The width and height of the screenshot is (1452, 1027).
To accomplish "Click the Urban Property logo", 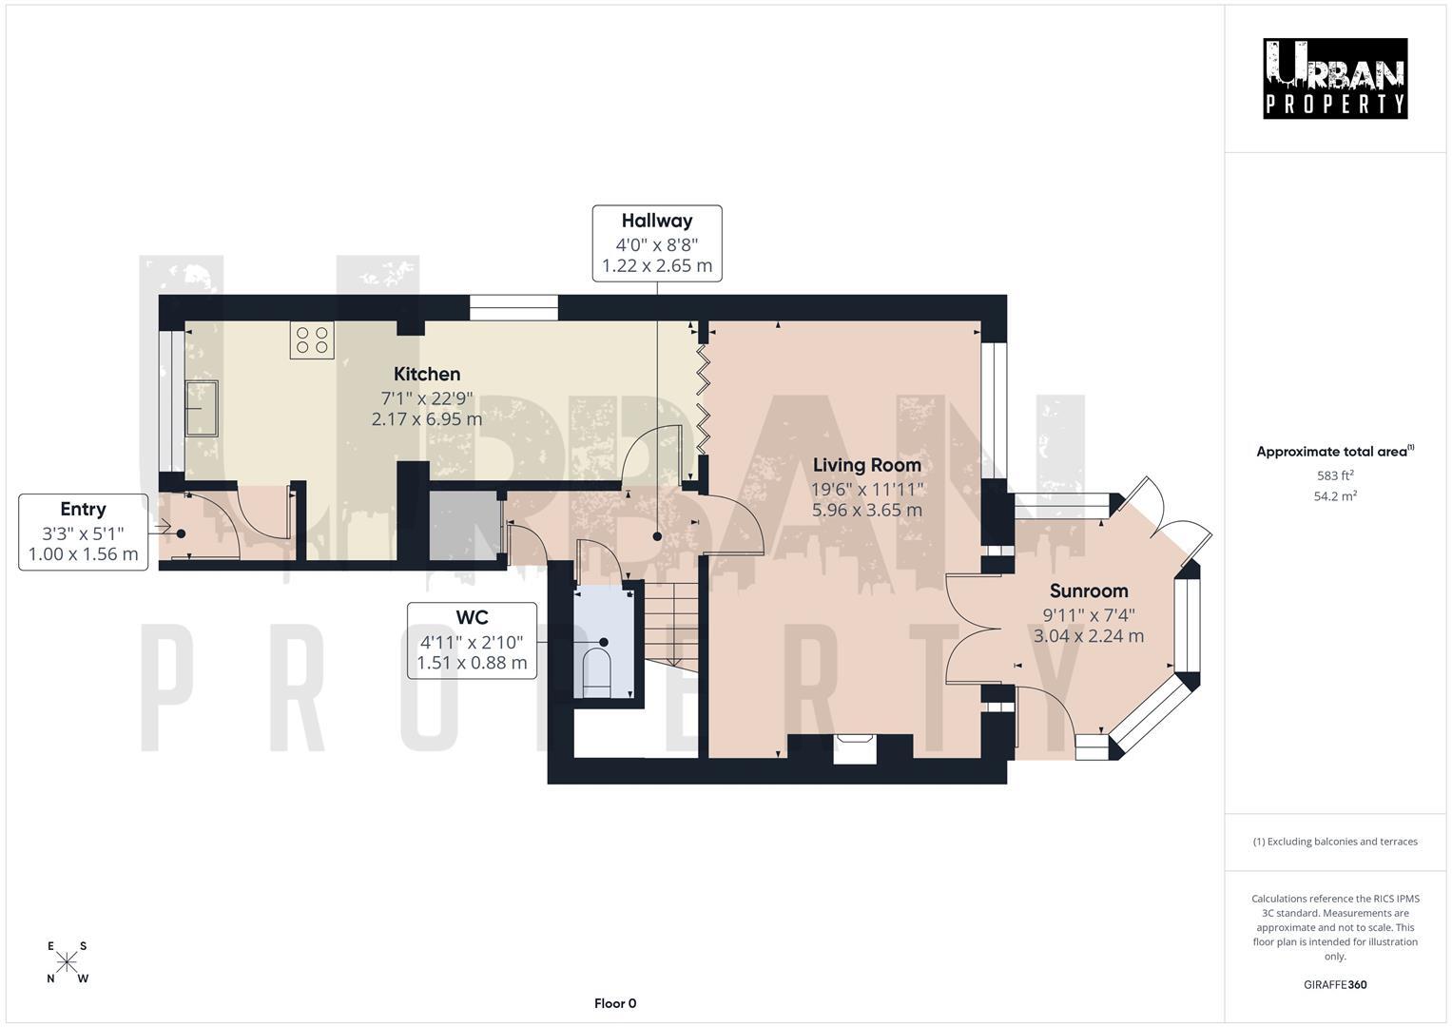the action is pos(1335,78).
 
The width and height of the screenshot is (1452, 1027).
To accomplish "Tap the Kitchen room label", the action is pos(427,375).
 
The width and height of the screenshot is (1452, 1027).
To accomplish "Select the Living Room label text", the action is pos(866,465).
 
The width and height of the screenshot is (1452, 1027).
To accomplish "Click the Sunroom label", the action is pos(1089,591).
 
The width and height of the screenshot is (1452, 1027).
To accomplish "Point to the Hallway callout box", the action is pos(657,243).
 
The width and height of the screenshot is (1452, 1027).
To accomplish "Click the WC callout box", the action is pos(472,640).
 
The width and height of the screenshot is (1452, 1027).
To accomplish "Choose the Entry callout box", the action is pos(84,532).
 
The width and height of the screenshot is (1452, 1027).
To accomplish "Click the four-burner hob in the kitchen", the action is pos(313,340).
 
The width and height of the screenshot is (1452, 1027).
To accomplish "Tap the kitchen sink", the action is pos(202,408).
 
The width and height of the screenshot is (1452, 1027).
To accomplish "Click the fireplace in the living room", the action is pos(854,748).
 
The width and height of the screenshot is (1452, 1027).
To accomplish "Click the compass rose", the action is pos(67,961).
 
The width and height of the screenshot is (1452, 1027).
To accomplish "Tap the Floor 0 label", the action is pos(615,1003).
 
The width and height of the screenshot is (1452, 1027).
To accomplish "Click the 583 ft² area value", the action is pos(1335,475).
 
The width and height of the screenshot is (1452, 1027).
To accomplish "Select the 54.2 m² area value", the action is pos(1335,495).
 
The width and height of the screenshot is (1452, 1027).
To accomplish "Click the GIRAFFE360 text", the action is pos(1335,984).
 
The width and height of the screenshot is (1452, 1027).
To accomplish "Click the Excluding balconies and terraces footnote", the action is pos(1335,842).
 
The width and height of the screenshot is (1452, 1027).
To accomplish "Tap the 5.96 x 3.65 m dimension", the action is pos(866,510).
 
